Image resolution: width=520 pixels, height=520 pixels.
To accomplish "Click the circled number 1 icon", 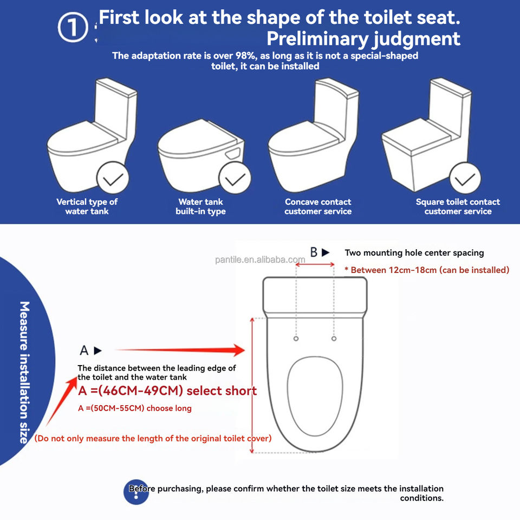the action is coord(73,27).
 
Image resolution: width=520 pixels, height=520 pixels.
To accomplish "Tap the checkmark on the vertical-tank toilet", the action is coord(113,178).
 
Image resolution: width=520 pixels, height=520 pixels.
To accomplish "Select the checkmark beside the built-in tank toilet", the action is coord(235,178).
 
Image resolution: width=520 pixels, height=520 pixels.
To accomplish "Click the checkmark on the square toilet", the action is coord(465,178).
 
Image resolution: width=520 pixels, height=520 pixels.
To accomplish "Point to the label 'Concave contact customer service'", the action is coord(318,206).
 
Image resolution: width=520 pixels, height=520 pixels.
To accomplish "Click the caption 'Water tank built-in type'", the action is coord(200,206).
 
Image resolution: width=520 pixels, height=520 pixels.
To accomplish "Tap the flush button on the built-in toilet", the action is coord(233,153).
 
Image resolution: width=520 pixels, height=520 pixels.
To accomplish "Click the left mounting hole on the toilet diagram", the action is coord(296,339).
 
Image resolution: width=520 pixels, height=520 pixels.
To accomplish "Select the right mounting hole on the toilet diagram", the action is coord(334,339).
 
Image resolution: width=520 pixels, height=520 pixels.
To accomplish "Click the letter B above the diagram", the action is coord(314,252).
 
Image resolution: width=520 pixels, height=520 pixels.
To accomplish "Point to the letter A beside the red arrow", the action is coord(84,350).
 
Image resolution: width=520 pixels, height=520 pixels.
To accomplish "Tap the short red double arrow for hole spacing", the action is coord(315,264).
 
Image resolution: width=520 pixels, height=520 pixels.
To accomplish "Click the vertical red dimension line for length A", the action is coord(252,385).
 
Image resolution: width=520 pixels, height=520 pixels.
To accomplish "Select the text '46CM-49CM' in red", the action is coord(141,391).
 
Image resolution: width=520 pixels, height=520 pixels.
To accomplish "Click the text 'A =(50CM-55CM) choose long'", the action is coord(135,408).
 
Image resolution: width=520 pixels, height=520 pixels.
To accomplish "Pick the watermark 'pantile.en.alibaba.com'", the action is coord(260,259).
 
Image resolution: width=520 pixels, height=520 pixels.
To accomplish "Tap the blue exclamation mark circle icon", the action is coord(136,492).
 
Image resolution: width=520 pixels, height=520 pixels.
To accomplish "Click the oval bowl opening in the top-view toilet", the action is coord(315,396).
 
